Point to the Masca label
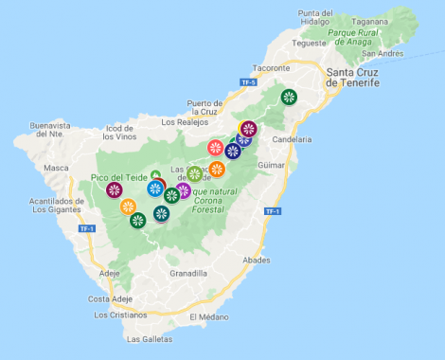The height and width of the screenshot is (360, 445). tap(58, 169)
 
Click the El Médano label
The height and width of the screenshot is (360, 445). tap(209, 316)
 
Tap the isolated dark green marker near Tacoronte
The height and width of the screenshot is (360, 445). tap(288, 96)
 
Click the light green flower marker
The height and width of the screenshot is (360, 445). tap(194, 174)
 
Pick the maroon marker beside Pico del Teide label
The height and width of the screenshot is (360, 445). tap(115, 190)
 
